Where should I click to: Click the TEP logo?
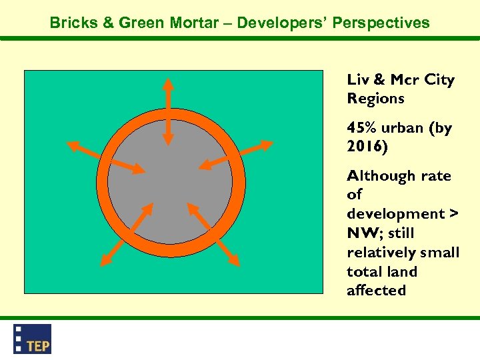pyautogui.click(x=32, y=339)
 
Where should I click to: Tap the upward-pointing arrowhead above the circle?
pyautogui.click(x=169, y=84)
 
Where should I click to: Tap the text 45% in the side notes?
pyautogui.click(x=361, y=128)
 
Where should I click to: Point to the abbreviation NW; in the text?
pyautogui.click(x=365, y=233)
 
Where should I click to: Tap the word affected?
pyautogui.click(x=376, y=291)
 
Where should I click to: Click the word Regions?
pyautogui.click(x=375, y=99)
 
